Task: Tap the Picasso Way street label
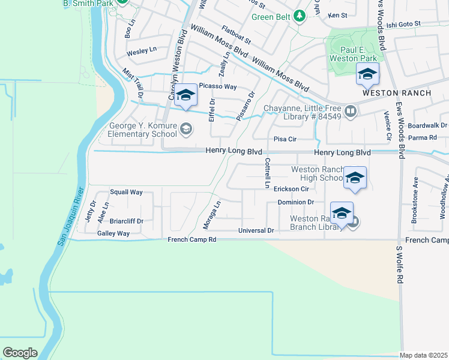tap(218, 87)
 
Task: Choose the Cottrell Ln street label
tap(267, 173)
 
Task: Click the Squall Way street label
tap(126, 193)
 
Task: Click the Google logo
tap(20, 352)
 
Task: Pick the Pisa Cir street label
tap(285, 139)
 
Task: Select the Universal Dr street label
tap(256, 230)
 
